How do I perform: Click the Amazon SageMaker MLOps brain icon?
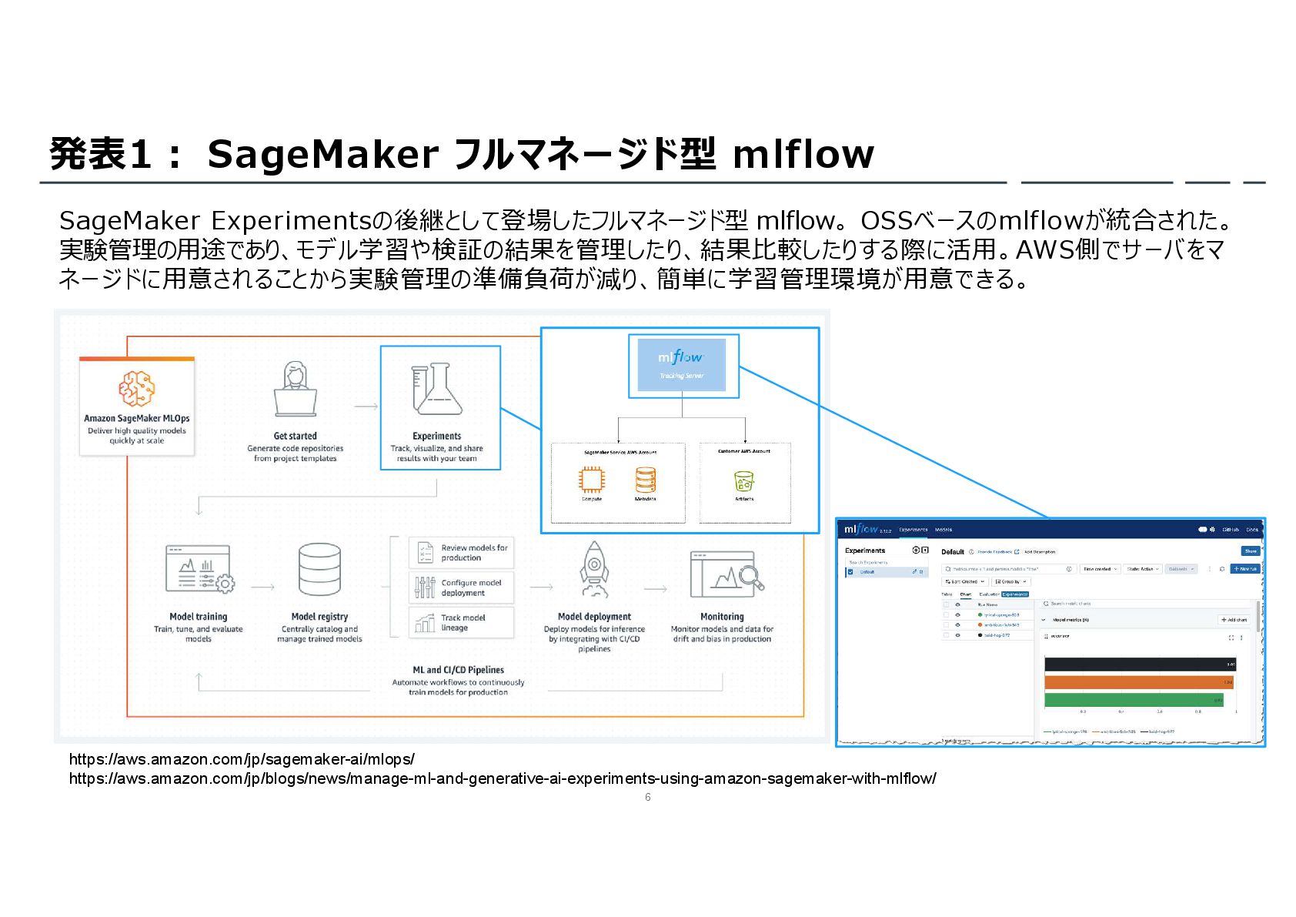click(x=136, y=389)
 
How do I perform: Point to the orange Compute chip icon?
click(x=591, y=480)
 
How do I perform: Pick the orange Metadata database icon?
click(x=645, y=480)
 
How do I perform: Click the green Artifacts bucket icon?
click(x=743, y=482)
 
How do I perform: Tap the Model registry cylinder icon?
click(x=319, y=570)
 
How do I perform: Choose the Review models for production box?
click(x=461, y=553)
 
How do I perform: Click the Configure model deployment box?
click(x=461, y=587)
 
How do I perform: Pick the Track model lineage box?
click(x=461, y=622)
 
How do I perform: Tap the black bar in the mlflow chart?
click(x=1139, y=664)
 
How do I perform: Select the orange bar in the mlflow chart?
click(x=1139, y=682)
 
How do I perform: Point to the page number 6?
click(x=647, y=797)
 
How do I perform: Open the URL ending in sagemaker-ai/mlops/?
click(x=242, y=759)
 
